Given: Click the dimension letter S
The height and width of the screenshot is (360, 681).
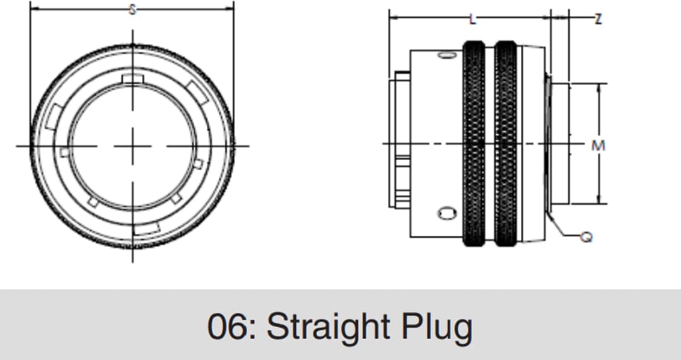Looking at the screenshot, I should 132,9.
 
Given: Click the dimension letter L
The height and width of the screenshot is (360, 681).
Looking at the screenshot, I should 472,19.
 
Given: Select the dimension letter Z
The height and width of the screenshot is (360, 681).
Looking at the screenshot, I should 598,19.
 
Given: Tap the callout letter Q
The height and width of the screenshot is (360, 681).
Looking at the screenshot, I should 586,237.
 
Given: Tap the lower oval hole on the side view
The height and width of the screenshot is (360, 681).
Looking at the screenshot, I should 446,214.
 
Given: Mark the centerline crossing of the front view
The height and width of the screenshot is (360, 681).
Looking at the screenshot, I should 132,146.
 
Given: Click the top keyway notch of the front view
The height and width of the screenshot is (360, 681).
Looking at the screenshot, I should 132,78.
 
